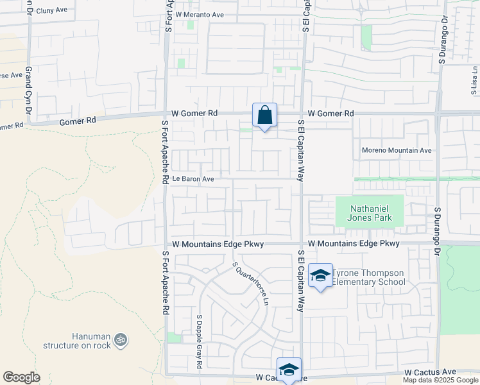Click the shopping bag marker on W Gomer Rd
click(x=264, y=116)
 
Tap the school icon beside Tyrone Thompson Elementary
click(x=320, y=276)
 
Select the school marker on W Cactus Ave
click(x=289, y=370)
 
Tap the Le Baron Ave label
click(x=193, y=179)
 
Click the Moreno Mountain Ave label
click(x=397, y=150)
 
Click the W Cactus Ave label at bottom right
click(x=430, y=372)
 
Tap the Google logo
click(x=21, y=377)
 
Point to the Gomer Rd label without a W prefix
click(x=78, y=120)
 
